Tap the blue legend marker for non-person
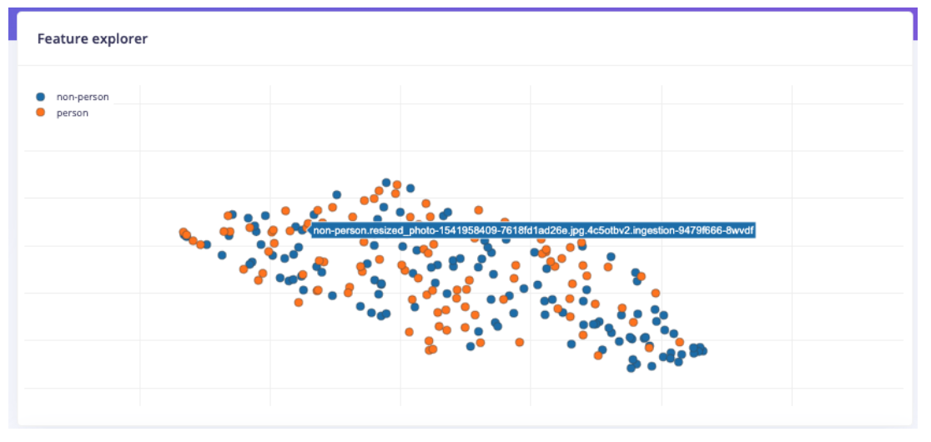(x=41, y=97)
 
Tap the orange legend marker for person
(x=41, y=113)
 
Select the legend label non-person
(x=83, y=97)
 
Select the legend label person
(x=73, y=113)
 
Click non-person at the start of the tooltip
(x=339, y=230)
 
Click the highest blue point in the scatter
(x=386, y=182)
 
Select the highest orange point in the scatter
(x=397, y=184)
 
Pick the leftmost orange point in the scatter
(x=184, y=232)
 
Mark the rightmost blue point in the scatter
(x=703, y=351)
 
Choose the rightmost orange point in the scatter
(x=680, y=342)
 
